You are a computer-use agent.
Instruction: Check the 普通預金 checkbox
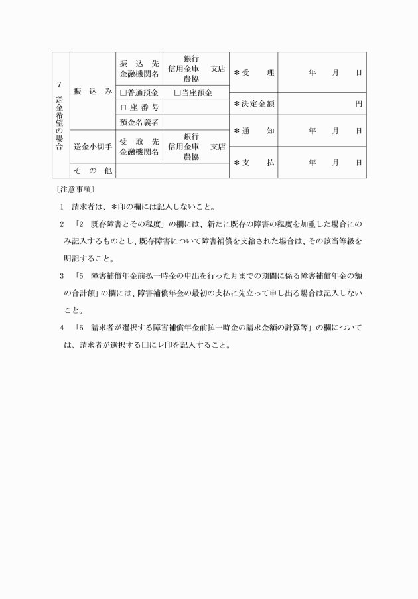(123, 92)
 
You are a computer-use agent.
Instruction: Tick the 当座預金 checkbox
(178, 92)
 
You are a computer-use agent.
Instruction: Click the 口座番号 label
(139, 107)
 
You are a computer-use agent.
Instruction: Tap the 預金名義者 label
(139, 122)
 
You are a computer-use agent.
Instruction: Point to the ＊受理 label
(253, 72)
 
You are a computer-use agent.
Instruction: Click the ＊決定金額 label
(253, 103)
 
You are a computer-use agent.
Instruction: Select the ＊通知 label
(253, 131)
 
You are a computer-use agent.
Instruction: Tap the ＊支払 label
(253, 163)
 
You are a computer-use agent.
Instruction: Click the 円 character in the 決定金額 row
(358, 103)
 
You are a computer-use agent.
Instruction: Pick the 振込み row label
(92, 90)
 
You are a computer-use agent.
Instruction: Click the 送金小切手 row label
(92, 146)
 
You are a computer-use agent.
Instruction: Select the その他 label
(92, 170)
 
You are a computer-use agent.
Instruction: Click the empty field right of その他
(172, 170)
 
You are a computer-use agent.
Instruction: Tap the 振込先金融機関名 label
(139, 68)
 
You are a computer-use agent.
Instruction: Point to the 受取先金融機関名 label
(139, 146)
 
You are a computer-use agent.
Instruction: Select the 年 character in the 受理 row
(312, 72)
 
